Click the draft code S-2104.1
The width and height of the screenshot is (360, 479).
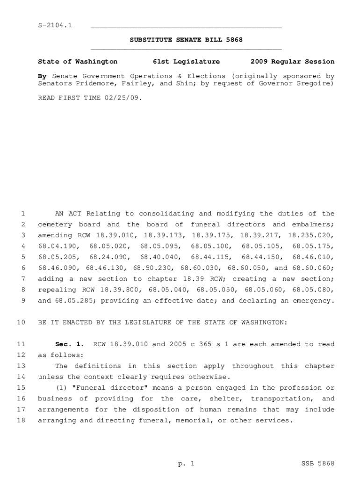point(55,25)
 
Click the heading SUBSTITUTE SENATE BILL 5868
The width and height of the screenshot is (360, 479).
point(186,40)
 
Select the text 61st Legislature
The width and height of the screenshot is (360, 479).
point(186,62)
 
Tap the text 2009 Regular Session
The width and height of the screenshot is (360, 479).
point(292,62)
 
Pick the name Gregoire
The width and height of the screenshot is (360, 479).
point(313,84)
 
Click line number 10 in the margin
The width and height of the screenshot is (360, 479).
point(21,323)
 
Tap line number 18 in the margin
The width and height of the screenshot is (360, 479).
point(21,421)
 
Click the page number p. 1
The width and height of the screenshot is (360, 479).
point(186,464)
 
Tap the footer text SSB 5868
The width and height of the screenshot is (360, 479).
point(318,464)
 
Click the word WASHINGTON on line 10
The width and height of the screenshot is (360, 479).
point(256,323)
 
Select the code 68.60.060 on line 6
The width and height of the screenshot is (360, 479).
point(315,268)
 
